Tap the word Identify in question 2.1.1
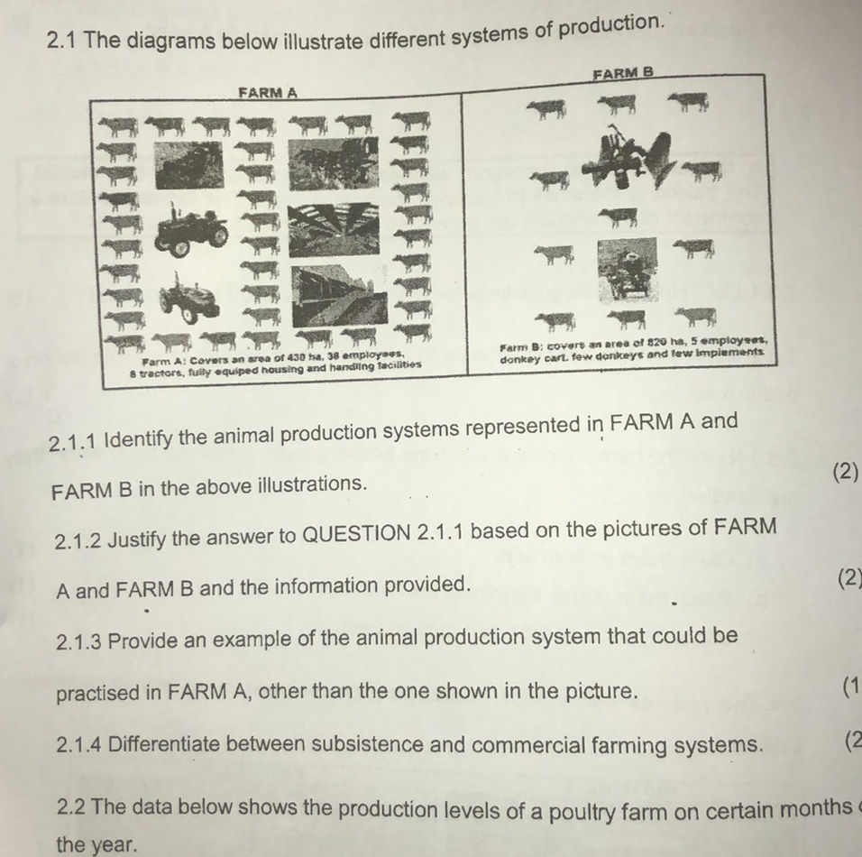click(x=143, y=442)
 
